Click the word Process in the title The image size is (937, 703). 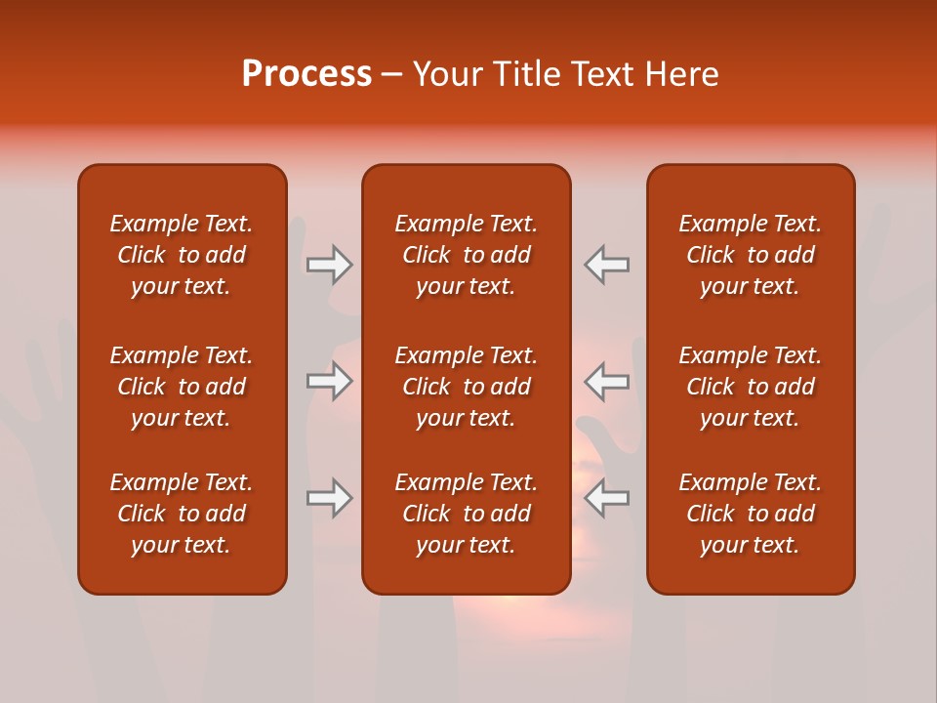click(306, 74)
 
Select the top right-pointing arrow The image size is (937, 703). click(329, 265)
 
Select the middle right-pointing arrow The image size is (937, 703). click(329, 381)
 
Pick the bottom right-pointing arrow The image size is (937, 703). click(329, 498)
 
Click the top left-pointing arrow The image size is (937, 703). click(607, 265)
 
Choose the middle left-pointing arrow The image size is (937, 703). click(607, 381)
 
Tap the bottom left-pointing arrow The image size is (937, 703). click(607, 498)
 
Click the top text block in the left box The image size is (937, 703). click(182, 255)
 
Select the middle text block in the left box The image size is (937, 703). click(182, 387)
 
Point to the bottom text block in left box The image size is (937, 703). click(182, 514)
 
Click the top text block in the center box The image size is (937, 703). click(466, 255)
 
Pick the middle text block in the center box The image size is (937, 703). click(466, 387)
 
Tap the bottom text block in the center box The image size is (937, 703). click(466, 514)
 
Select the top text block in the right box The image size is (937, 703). click(750, 255)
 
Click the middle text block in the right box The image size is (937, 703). click(750, 387)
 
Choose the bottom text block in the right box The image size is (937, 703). click(750, 514)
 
